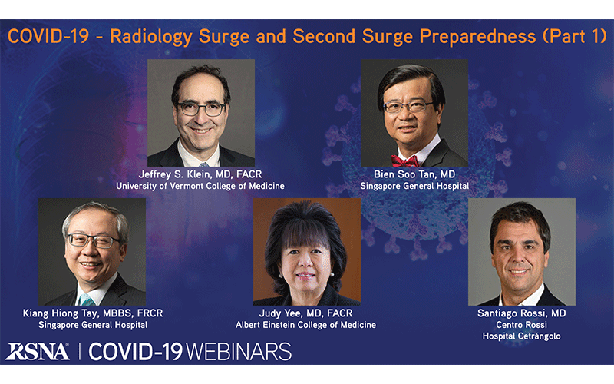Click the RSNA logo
click(x=38, y=352)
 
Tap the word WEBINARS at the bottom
click(x=239, y=352)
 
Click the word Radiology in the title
click(x=151, y=37)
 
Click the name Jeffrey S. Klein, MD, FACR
click(x=200, y=174)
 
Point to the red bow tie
click(x=404, y=161)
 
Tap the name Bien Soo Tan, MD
click(x=414, y=174)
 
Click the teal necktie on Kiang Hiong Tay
click(x=86, y=300)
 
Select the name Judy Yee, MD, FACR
click(x=305, y=313)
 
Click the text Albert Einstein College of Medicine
click(x=305, y=325)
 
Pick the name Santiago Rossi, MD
click(x=522, y=313)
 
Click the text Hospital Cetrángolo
click(x=522, y=336)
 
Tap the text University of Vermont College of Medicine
click(x=200, y=186)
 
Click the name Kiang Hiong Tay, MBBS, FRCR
click(x=93, y=313)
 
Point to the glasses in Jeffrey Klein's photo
click(x=201, y=108)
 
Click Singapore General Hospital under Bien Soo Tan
click(x=414, y=186)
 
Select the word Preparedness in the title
click(x=477, y=37)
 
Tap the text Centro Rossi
click(x=522, y=325)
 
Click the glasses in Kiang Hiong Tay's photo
click(x=93, y=240)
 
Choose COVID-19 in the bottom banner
click(x=136, y=352)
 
